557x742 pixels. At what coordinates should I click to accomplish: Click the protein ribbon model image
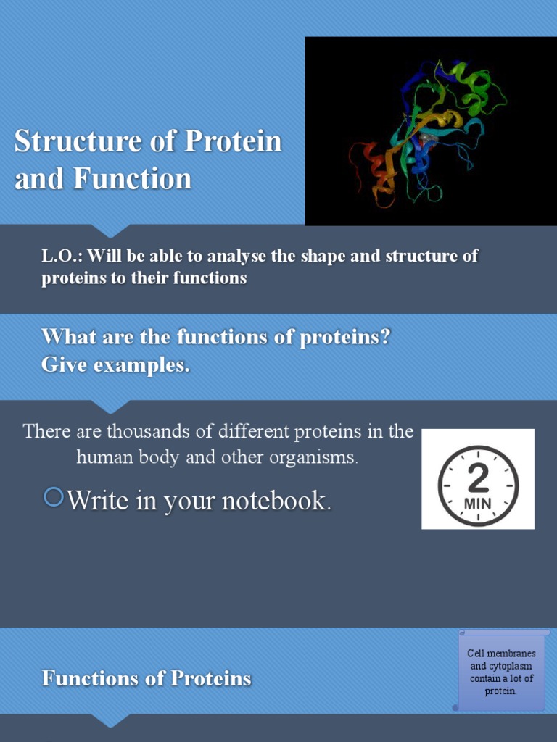click(x=431, y=131)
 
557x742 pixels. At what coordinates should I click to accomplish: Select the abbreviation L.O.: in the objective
click(x=62, y=257)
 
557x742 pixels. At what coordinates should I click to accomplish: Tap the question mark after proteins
click(x=386, y=337)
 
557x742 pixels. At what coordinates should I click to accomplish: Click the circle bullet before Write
click(x=54, y=497)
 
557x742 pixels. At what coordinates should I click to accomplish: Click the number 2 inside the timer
click(x=479, y=478)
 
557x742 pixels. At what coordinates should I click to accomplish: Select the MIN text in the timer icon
click(x=478, y=501)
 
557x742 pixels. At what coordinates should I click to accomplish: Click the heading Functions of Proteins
click(x=147, y=678)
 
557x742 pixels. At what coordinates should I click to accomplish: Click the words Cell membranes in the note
click(x=501, y=654)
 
